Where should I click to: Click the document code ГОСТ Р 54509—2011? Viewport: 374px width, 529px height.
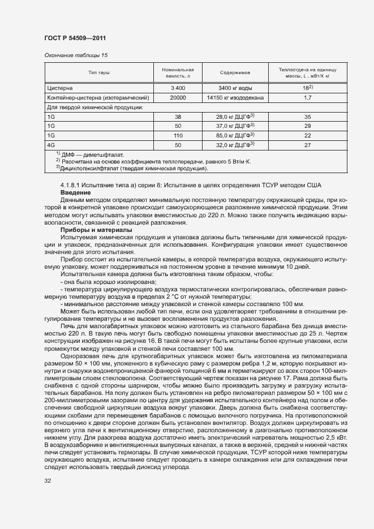(x=75, y=38)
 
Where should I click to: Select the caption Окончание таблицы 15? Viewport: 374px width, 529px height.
(x=76, y=55)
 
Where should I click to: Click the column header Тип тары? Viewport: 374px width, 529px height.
(x=99, y=72)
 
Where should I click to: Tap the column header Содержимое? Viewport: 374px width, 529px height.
(x=235, y=72)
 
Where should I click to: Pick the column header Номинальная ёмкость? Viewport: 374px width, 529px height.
(x=178, y=72)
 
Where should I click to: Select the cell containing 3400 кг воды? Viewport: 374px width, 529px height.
(x=235, y=88)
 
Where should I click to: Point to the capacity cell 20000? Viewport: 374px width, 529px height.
(x=178, y=97)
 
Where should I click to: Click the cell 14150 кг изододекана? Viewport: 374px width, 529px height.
(x=235, y=97)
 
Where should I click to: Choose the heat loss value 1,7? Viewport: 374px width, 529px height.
(x=307, y=97)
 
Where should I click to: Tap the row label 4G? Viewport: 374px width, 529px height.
(x=51, y=145)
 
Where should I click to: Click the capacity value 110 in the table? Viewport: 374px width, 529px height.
(x=178, y=135)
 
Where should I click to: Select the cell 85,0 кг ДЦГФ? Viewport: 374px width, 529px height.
(x=235, y=135)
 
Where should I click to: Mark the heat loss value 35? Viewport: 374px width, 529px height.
(x=307, y=116)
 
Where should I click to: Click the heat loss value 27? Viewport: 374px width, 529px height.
(x=307, y=145)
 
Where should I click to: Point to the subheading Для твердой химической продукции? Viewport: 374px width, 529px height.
(x=94, y=107)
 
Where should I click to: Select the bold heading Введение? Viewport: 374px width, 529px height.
(x=76, y=192)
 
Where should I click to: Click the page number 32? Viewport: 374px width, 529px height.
(x=48, y=481)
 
